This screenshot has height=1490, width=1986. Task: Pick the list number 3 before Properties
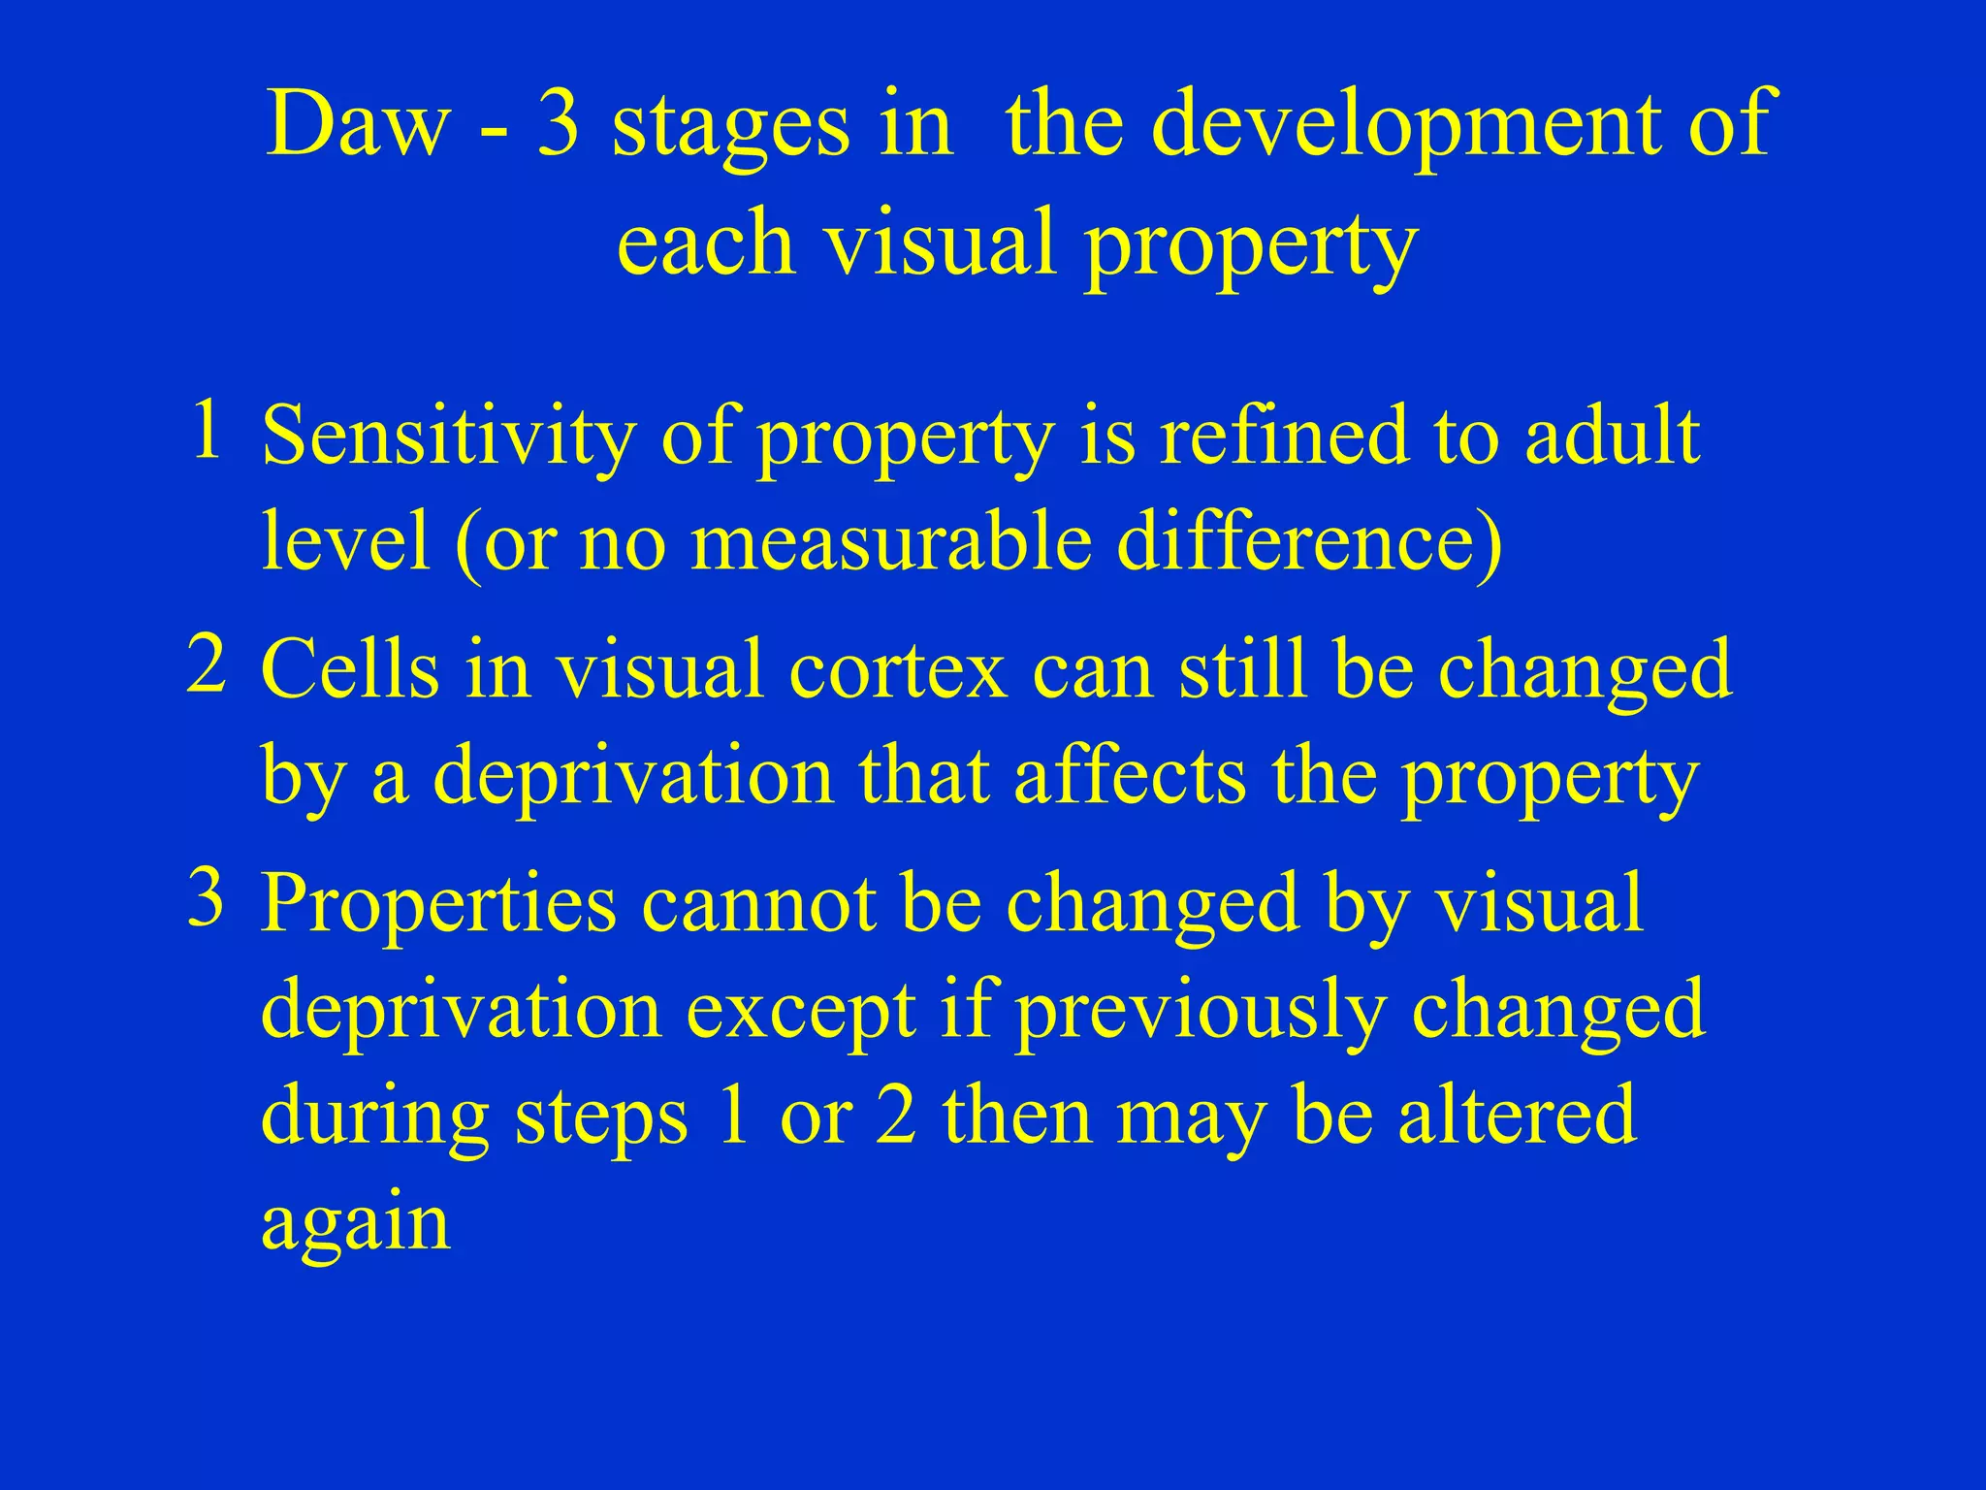(207, 897)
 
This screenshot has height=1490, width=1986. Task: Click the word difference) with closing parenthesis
(1309, 543)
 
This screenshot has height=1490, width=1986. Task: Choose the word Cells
(349, 669)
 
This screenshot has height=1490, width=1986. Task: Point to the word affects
(1131, 776)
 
